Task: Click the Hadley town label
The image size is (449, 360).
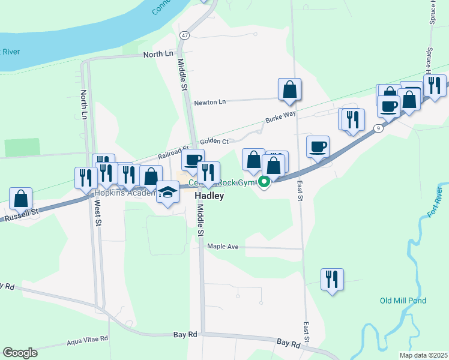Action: (209, 196)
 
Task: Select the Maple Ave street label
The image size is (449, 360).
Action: (223, 247)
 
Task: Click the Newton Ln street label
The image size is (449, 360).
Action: (209, 102)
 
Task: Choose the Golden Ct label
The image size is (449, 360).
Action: (215, 141)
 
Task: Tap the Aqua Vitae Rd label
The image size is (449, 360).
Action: (87, 339)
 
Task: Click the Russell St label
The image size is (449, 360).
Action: (22, 214)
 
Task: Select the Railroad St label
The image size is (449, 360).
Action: (173, 154)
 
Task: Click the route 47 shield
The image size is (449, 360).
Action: (184, 36)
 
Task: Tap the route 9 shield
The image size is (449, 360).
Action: (378, 128)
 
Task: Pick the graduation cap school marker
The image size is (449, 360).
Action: (167, 193)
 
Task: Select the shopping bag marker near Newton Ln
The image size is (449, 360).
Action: (289, 89)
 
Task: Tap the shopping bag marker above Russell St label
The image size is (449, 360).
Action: (21, 198)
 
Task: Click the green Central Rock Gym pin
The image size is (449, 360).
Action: (264, 183)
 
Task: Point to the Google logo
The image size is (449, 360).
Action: (20, 353)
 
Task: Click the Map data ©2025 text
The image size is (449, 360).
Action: (423, 355)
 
